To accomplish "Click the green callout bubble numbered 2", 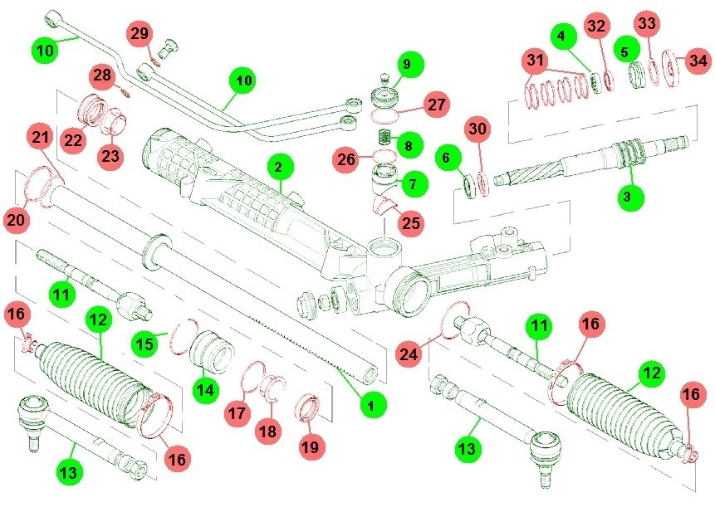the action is pos(278,167).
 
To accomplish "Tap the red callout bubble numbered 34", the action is pos(698,61).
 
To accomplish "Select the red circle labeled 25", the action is pos(411,223).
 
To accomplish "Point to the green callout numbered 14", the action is pos(206,390).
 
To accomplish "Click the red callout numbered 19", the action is pos(311,446).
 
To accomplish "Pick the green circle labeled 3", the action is pos(628,197).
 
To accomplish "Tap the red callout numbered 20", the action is pos(17,220).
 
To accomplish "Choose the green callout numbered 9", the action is pos(407,64).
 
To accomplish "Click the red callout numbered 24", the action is pos(409,354).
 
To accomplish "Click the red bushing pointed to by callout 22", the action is pos(92,109).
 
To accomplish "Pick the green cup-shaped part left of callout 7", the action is pos(384,178).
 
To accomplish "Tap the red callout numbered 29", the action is pos(140,33).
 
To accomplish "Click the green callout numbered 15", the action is pos(145,343).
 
